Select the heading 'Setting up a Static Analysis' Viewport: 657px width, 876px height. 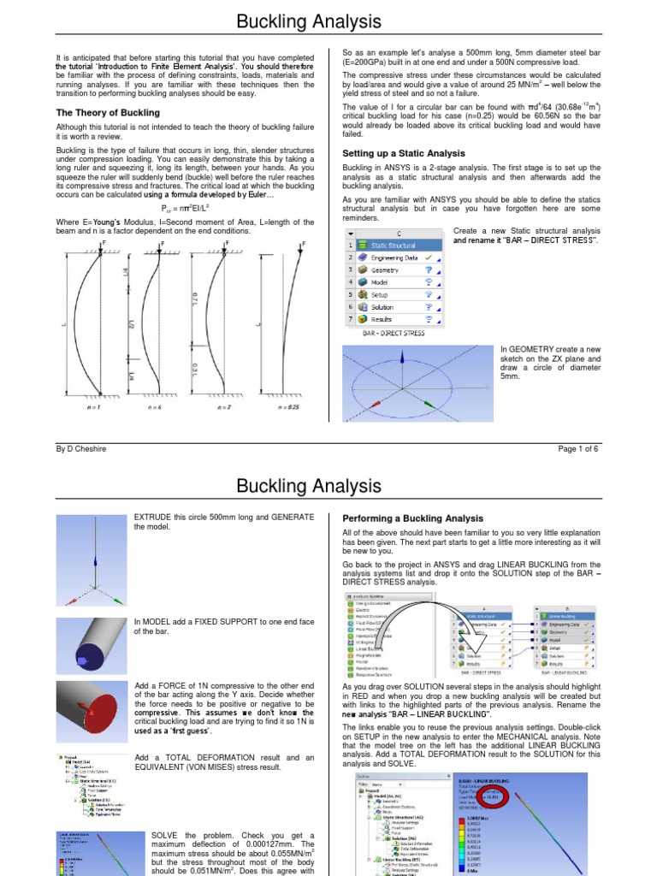pyautogui.click(x=392, y=153)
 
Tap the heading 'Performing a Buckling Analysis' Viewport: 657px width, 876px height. pyautogui.click(x=412, y=518)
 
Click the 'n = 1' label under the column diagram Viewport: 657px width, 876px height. pyautogui.click(x=88, y=407)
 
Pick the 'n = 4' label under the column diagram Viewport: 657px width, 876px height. pyautogui.click(x=160, y=407)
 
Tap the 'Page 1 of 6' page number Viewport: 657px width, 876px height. pyautogui.click(x=582, y=448)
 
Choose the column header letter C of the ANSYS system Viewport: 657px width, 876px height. pyautogui.click(x=399, y=233)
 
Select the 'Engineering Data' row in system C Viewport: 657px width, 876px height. pyautogui.click(x=395, y=257)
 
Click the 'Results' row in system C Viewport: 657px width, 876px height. pyautogui.click(x=382, y=319)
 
